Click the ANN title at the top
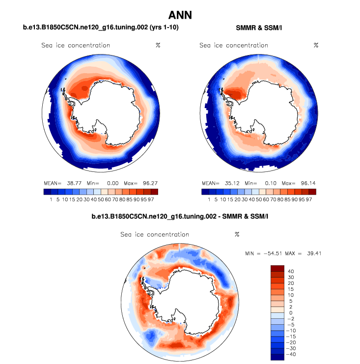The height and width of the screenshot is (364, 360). point(180,15)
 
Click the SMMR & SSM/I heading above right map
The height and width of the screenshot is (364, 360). point(259,28)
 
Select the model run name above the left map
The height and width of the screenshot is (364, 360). point(101,28)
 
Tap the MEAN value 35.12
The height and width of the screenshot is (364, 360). point(229,183)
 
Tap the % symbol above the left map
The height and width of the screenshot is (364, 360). point(158,45)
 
